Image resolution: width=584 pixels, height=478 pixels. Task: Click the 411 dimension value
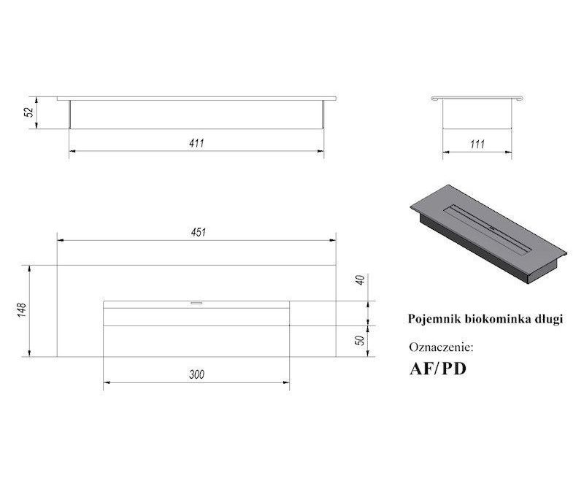coord(196,143)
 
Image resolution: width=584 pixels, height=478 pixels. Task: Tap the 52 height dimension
coord(29,112)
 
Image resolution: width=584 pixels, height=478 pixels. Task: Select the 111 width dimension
coord(477,144)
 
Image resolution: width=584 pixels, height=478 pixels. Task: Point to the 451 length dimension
coord(198,232)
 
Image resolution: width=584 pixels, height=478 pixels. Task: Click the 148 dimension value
coord(22,310)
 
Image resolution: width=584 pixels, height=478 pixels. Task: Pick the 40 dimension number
coord(360,280)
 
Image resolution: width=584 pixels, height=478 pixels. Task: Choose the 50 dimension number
coord(360,340)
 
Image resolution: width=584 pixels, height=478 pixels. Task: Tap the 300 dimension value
coord(196,374)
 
